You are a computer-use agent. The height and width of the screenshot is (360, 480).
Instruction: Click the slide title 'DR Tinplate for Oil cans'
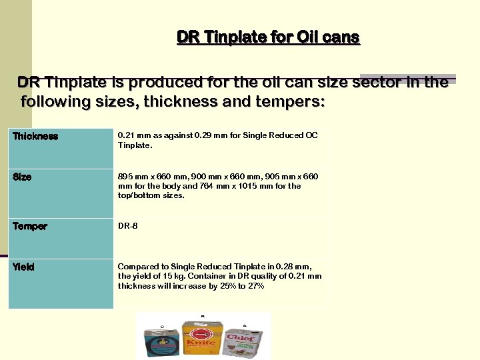coord(268,37)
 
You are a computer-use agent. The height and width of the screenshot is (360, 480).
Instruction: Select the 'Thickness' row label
coord(35,137)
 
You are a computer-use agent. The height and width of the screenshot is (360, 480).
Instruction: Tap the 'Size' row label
coord(22,177)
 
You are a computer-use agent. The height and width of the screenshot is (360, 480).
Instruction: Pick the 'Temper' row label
coord(30,227)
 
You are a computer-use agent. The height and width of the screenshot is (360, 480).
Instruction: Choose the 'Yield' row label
coord(23,267)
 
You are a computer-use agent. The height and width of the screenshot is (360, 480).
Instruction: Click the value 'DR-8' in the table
coord(128,226)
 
